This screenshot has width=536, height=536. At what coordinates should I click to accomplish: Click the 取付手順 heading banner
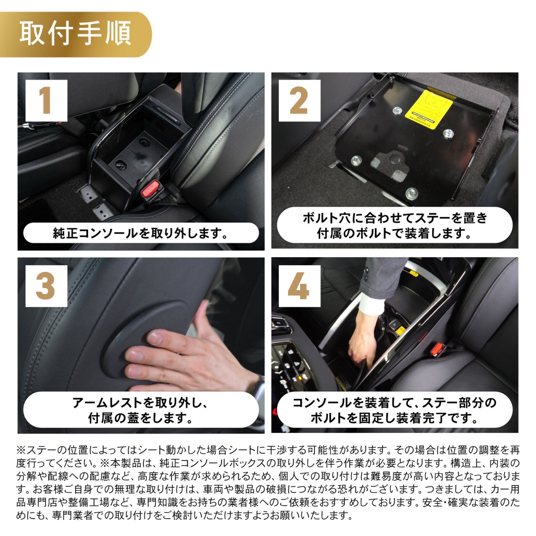[x=75, y=34]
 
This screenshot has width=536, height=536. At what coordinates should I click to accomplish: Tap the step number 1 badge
[x=46, y=100]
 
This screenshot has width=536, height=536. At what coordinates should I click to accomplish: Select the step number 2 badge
[x=299, y=100]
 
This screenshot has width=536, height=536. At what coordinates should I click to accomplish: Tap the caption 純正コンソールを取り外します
[x=141, y=233]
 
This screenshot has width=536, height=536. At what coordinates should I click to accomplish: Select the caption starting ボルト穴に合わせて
[x=395, y=225]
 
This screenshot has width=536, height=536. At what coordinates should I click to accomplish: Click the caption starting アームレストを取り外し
[x=141, y=410]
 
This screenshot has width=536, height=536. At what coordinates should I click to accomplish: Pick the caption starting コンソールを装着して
[x=395, y=410]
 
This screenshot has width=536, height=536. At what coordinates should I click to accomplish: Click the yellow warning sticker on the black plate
[x=429, y=109]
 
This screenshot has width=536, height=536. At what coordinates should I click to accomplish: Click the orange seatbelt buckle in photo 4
[x=437, y=349]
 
